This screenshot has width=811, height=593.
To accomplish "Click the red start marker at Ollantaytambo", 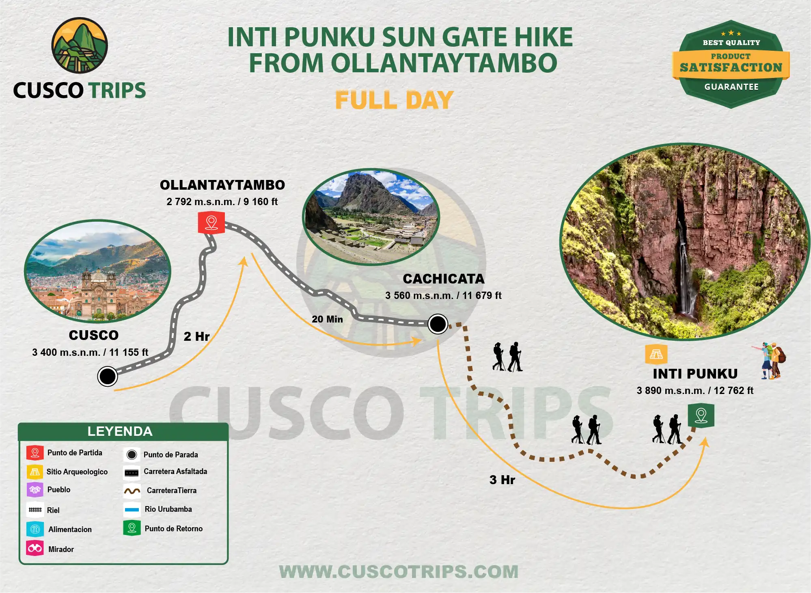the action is [211, 223].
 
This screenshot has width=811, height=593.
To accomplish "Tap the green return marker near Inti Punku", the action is [701, 416].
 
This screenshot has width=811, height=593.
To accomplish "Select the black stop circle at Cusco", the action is [108, 376].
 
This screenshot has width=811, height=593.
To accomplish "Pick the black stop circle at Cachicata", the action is [438, 324].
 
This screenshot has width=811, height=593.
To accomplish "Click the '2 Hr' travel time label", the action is [196, 336].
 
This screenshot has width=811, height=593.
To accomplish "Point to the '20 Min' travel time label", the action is [327, 319].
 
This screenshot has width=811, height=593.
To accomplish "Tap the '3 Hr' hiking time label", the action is [502, 480].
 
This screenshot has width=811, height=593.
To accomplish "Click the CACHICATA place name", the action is [444, 279].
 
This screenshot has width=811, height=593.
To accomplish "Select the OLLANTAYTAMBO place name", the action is [222, 185].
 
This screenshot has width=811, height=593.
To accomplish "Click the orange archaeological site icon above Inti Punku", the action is [656, 354].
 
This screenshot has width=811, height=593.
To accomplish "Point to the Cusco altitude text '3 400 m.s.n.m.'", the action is [66, 352].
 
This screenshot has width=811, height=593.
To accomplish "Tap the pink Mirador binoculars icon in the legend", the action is [35, 548].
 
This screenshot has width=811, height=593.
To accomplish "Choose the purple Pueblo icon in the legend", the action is [35, 489].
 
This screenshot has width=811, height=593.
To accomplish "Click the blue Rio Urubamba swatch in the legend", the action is [132, 509].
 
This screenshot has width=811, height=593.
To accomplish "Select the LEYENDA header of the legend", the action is [120, 431].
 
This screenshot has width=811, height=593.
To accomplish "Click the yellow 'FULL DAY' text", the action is [394, 100].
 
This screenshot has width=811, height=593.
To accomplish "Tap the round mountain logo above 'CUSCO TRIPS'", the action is [80, 45].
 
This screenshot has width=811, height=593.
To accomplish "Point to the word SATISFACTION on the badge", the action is [731, 67].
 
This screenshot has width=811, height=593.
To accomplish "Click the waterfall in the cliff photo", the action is [685, 264].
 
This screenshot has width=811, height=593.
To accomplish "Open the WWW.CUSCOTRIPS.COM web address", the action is [399, 572].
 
